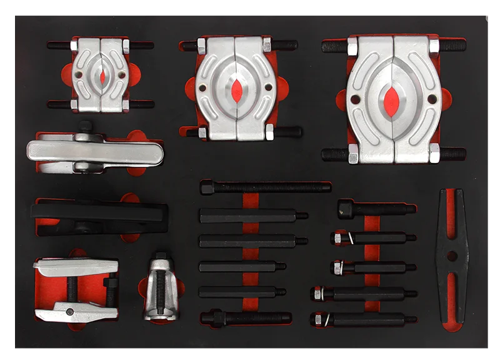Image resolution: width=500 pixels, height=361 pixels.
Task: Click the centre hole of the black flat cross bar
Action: coord(452,255)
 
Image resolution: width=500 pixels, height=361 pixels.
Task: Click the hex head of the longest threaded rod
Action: coord(207,186)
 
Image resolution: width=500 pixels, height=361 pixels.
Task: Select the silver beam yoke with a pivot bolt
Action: coord(94,152)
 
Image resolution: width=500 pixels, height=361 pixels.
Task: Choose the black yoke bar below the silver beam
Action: coord(99,214)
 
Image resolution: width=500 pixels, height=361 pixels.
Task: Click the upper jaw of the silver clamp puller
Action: coord(75,267)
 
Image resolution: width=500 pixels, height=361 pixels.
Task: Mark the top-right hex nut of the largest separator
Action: coord(434,46)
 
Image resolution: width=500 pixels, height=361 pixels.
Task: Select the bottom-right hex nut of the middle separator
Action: coord(269,132)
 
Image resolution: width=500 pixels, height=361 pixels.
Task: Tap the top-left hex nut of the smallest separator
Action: coord(74,46)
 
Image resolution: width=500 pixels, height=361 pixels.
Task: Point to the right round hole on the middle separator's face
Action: coord(269,87)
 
